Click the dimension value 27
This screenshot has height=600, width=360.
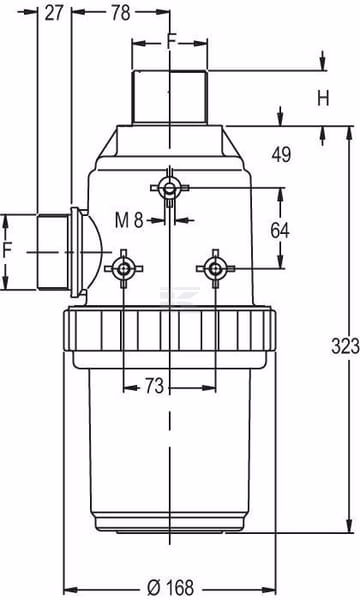[54, 13]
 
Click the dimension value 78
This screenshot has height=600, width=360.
[121, 13]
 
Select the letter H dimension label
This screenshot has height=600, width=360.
[323, 99]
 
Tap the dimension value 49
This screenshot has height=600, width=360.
[281, 155]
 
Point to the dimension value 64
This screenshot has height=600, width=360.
[280, 230]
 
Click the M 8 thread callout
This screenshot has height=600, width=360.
[129, 220]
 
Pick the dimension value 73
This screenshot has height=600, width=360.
[155, 386]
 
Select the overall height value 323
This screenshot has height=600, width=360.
[345, 346]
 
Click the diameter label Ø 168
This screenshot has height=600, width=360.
[170, 587]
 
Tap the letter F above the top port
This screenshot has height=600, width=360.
[172, 41]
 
